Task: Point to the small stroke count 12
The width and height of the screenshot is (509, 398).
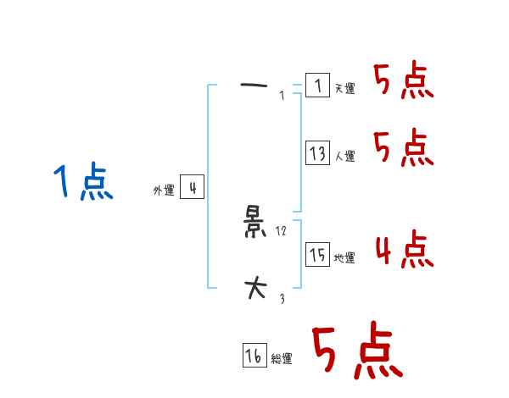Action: point(282,231)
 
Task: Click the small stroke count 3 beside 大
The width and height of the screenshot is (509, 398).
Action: point(282,299)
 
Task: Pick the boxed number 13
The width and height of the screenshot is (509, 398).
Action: point(317,153)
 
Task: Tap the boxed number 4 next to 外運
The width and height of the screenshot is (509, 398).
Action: point(193,187)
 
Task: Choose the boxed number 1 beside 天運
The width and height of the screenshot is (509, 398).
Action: point(317,86)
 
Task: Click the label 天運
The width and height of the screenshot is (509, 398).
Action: point(345,89)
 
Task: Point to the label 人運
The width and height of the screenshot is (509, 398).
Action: point(345,157)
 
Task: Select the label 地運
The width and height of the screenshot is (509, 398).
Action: point(345,258)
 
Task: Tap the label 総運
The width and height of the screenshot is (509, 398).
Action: point(282,360)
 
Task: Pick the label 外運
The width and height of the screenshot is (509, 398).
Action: point(164,191)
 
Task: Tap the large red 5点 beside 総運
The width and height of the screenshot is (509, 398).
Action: point(356,352)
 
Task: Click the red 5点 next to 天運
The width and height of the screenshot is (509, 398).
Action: point(404,81)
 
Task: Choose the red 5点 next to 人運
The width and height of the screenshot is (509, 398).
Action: point(404,149)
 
